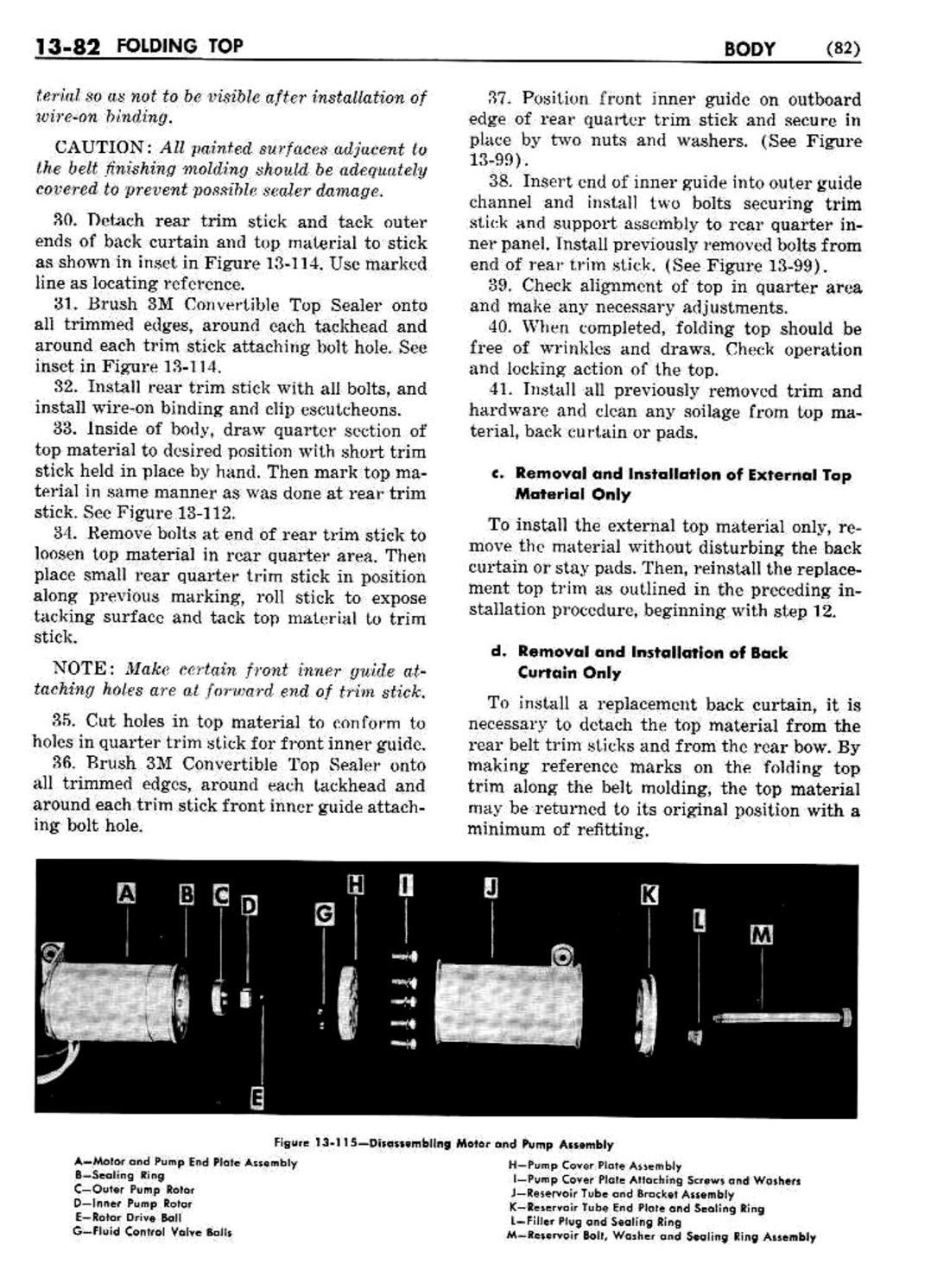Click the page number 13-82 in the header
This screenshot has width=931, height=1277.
(x=66, y=47)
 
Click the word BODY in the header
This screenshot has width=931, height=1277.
(x=750, y=48)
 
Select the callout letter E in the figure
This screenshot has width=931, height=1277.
(x=256, y=1098)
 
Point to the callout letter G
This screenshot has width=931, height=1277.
(x=324, y=913)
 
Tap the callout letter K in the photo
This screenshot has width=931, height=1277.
(x=649, y=894)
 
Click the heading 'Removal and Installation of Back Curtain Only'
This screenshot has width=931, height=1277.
(x=652, y=663)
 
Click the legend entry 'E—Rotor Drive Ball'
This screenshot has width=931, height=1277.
(x=127, y=1217)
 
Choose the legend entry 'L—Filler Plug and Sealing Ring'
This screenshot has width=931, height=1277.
(x=596, y=1222)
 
